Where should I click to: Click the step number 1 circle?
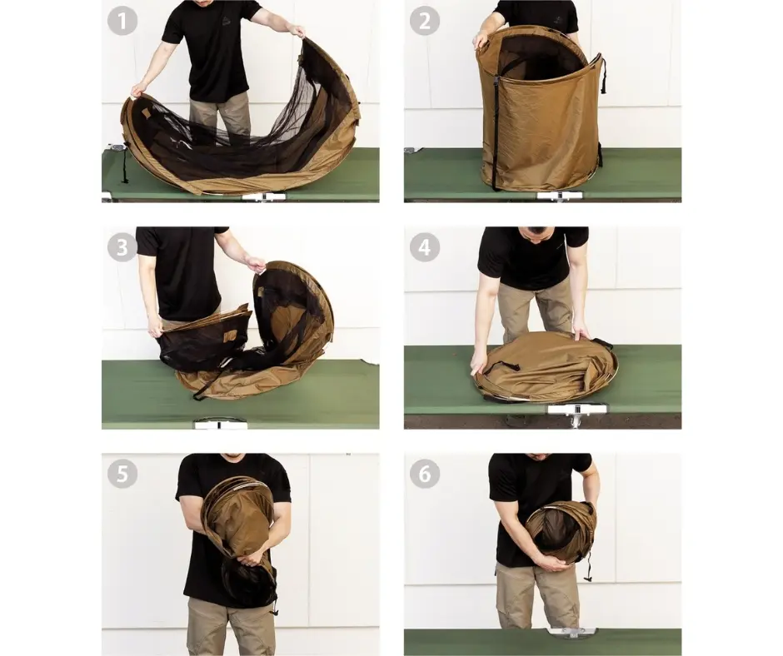click(x=122, y=21)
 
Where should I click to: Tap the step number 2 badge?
click(x=425, y=21)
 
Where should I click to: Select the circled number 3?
click(x=122, y=247)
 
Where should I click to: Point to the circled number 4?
click(x=425, y=247)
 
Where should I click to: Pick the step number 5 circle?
click(x=122, y=474)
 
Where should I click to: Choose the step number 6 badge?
click(x=425, y=474)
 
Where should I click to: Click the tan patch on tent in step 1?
click(x=147, y=113)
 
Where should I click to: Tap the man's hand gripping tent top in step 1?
click(x=297, y=32)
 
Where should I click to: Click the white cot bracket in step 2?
click(x=559, y=196)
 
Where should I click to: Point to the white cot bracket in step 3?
click(x=220, y=425)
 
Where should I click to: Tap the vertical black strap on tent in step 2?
click(x=496, y=132)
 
